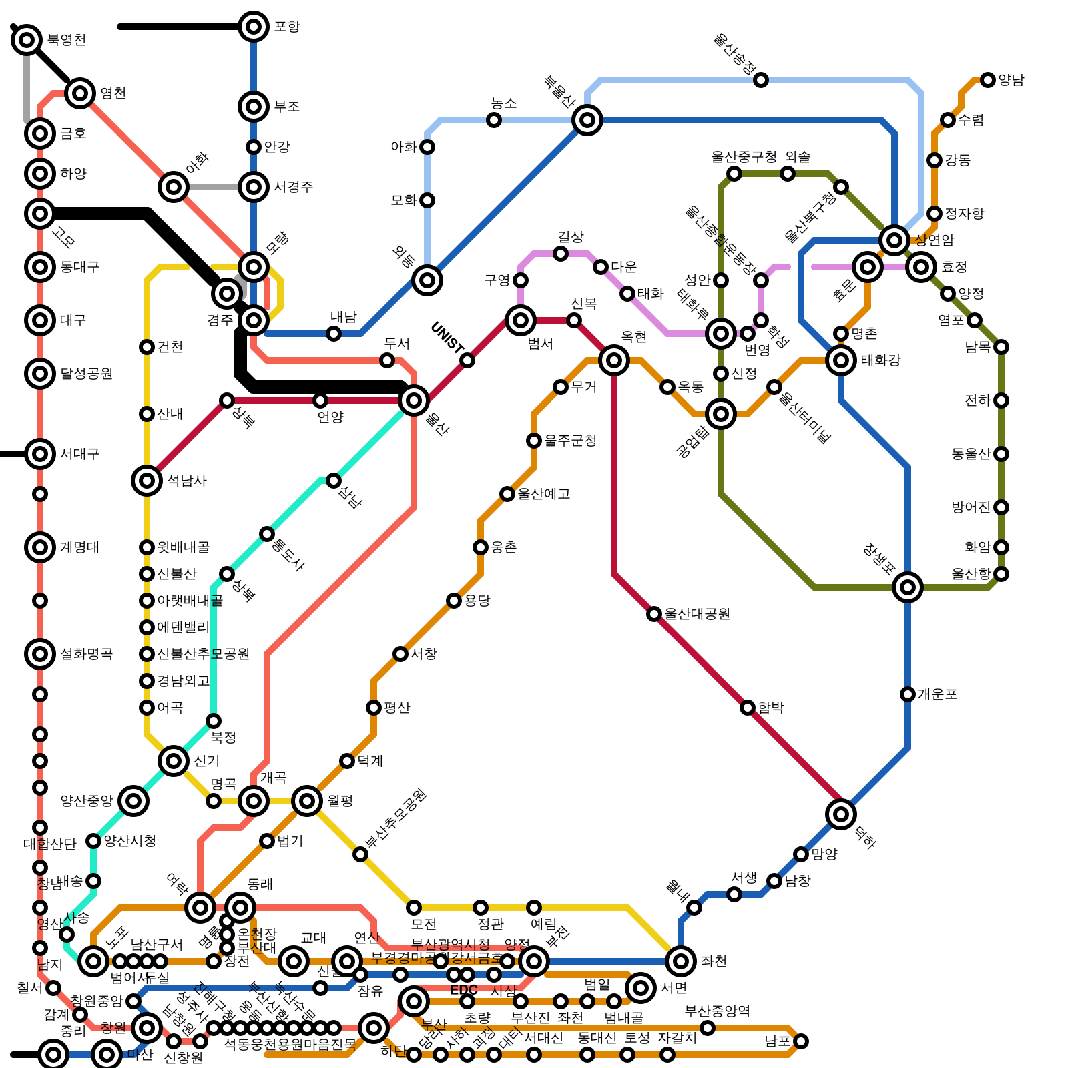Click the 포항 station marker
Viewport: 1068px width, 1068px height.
[254, 27]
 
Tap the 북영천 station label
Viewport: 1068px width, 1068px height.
[66, 40]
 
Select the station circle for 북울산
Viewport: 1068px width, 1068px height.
[587, 120]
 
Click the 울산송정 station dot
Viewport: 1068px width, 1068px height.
[761, 80]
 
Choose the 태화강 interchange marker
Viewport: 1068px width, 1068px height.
[841, 360]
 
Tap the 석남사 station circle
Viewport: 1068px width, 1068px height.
[147, 481]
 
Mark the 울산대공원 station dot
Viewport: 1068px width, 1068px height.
[654, 614]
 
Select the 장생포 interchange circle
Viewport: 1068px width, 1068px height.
[908, 587]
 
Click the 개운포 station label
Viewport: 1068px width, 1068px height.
[937, 694]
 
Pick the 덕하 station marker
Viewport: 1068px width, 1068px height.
[841, 814]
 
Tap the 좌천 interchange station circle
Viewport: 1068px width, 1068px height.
[681, 961]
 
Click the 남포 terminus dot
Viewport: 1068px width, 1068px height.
[801, 1041]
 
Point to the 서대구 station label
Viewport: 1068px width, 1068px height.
[79, 454]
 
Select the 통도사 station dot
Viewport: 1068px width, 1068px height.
[267, 534]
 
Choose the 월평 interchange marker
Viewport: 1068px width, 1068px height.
[307, 801]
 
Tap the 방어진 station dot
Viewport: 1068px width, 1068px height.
[1001, 507]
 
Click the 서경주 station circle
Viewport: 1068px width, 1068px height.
[254, 187]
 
